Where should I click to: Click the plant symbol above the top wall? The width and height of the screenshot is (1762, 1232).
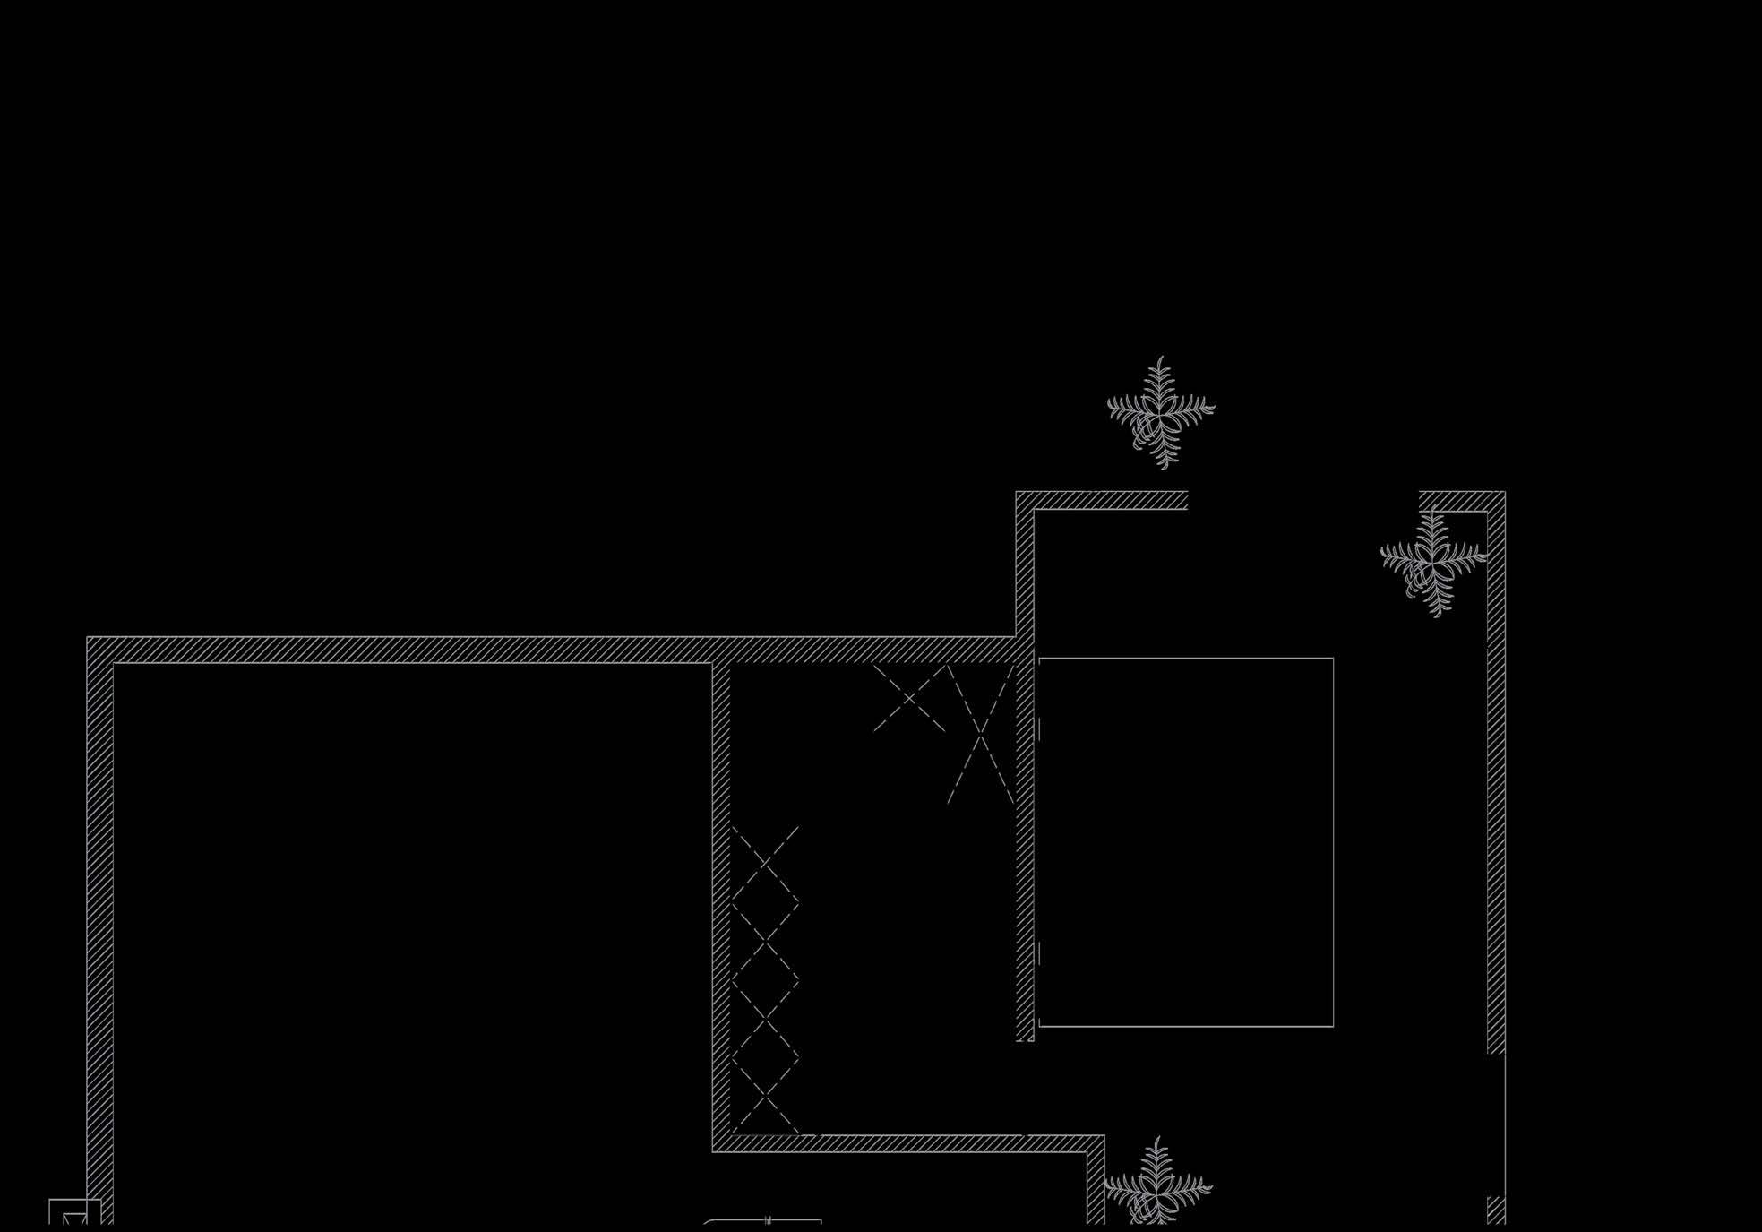click(1161, 413)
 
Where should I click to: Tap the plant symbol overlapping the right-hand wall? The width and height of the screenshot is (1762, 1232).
click(1433, 561)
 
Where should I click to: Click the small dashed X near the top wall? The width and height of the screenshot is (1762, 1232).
click(909, 698)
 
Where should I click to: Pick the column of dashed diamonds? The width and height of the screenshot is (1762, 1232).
click(765, 981)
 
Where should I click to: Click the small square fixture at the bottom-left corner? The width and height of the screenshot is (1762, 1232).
click(73, 1213)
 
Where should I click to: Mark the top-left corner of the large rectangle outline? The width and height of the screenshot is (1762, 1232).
click(1039, 659)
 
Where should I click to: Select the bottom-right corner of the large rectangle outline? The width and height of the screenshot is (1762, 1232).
click(1333, 1026)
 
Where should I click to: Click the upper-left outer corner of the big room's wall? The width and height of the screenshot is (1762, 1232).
click(88, 638)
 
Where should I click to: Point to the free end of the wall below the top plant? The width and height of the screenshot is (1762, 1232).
click(1186, 500)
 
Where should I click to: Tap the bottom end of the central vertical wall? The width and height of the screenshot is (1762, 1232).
click(1025, 1038)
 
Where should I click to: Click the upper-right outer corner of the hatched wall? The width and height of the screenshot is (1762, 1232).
click(1504, 492)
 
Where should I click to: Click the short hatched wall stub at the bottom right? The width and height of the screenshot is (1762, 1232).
click(1496, 1210)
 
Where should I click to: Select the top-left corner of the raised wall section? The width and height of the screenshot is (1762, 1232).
click(1017, 492)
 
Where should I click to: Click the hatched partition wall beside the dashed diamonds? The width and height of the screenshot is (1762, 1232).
click(721, 896)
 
